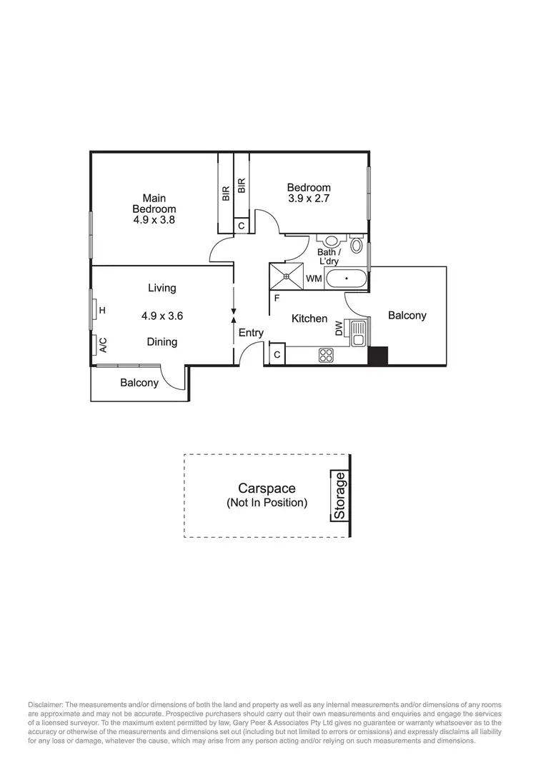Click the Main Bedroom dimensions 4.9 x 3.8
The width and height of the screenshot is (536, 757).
pyautogui.click(x=154, y=221)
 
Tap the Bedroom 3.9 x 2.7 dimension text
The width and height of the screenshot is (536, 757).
pyautogui.click(x=309, y=199)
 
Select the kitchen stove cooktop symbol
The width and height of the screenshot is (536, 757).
pyautogui.click(x=327, y=354)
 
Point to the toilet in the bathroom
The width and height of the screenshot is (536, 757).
pyautogui.click(x=357, y=246)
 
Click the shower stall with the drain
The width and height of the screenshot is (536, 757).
pyautogui.click(x=286, y=276)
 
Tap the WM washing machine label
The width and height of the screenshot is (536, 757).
pyautogui.click(x=313, y=279)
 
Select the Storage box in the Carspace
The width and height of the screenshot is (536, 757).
pyautogui.click(x=340, y=496)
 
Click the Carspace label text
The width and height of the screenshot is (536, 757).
pyautogui.click(x=267, y=488)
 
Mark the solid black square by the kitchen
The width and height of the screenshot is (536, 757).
pyautogui.click(x=377, y=356)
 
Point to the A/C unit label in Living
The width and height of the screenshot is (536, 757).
pyautogui.click(x=103, y=346)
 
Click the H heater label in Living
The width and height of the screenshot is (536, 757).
pyautogui.click(x=102, y=310)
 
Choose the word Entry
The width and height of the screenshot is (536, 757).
pyautogui.click(x=251, y=333)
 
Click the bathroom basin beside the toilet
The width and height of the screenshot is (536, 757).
pyautogui.click(x=332, y=241)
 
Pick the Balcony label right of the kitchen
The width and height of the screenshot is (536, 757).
pyautogui.click(x=407, y=315)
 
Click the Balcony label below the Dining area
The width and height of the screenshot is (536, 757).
pyautogui.click(x=139, y=383)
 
